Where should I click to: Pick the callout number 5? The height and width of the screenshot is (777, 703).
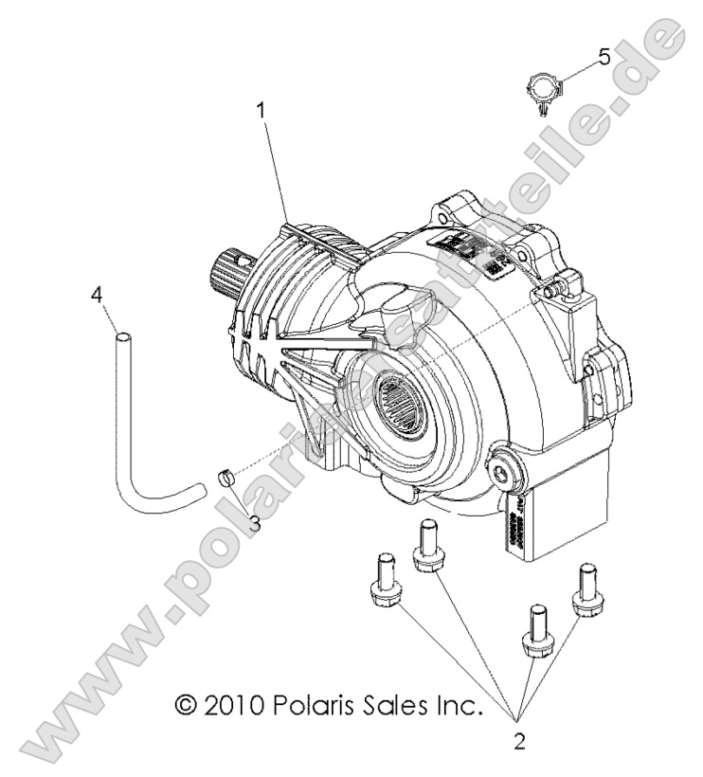[x=604, y=58]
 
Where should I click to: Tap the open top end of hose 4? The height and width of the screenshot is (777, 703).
[x=122, y=334]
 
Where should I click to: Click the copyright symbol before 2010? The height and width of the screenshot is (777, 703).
[x=186, y=705]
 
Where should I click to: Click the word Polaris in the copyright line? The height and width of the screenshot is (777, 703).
[x=315, y=705]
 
